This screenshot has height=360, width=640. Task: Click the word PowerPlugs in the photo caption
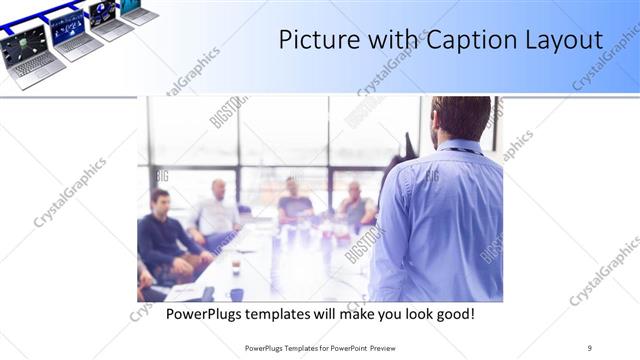(204, 313)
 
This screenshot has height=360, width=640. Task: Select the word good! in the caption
(453, 313)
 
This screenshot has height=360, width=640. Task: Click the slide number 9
(590, 348)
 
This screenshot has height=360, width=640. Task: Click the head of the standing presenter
(460, 118)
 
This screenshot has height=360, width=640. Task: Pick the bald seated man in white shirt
(217, 211)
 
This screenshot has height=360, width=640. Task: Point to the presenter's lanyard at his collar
(463, 150)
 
